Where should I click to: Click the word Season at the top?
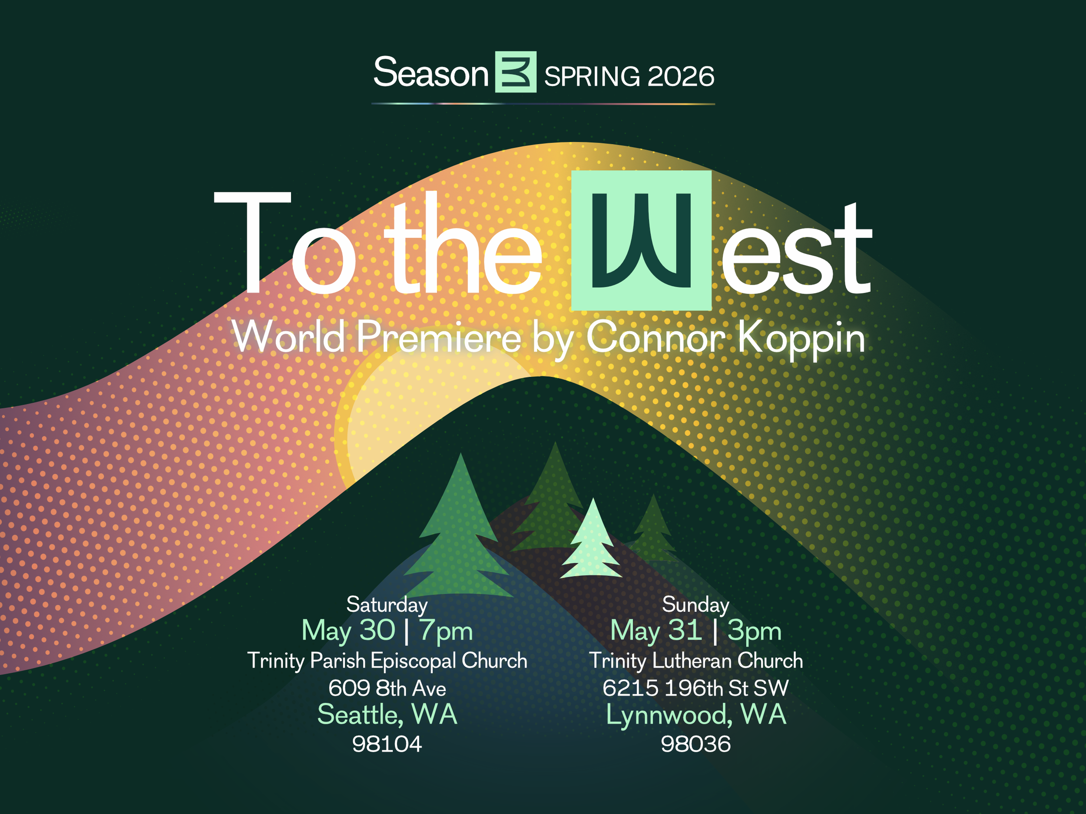tap(430, 73)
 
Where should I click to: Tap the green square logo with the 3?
tap(516, 72)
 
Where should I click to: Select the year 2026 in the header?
tap(680, 76)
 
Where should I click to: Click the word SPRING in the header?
tap(592, 76)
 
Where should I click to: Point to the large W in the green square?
tap(641, 241)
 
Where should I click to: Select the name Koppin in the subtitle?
tap(801, 339)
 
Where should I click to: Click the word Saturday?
tap(387, 604)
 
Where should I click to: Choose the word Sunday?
tap(695, 604)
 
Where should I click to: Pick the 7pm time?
tap(446, 630)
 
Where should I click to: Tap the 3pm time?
tap(754, 630)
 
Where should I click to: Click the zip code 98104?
tap(387, 744)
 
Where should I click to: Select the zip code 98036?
tap(695, 744)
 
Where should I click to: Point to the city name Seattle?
tap(359, 715)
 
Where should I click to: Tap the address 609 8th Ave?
tap(387, 688)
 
